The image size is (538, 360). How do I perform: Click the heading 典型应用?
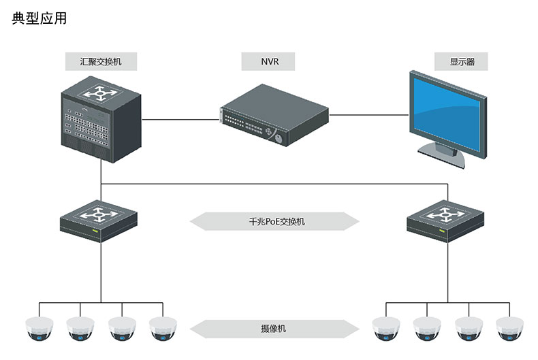39,19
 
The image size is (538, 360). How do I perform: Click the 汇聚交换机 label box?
101,62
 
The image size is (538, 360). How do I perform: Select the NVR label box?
269,62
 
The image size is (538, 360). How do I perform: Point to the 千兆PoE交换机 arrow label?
274,222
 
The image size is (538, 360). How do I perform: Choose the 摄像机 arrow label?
274,329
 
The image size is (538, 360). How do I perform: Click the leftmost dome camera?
38,329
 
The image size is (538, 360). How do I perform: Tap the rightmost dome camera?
511,329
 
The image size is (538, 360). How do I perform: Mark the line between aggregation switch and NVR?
180,120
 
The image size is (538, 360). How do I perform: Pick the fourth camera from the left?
162,329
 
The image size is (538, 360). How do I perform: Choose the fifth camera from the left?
385,329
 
